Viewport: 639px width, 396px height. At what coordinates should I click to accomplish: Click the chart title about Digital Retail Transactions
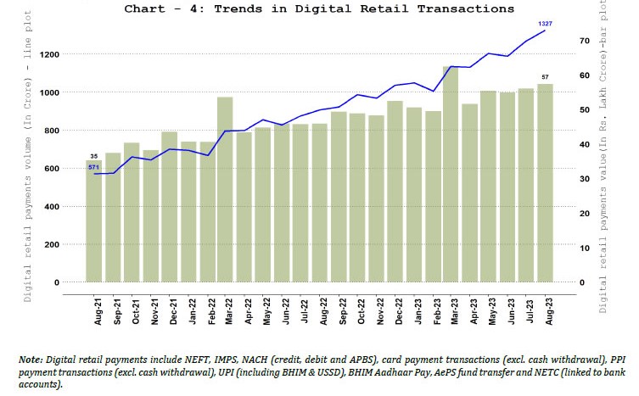click(319, 8)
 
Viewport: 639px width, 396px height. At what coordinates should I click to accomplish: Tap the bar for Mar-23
click(451, 174)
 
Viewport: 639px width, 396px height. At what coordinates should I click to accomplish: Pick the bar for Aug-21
click(93, 220)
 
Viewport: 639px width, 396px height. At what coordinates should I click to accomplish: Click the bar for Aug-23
click(546, 182)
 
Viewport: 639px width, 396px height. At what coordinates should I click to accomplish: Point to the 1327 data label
click(546, 23)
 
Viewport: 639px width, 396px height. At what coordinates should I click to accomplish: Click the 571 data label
click(95, 167)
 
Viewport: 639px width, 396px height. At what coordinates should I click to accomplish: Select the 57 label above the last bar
click(546, 76)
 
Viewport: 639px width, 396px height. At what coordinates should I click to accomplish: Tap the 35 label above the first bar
click(94, 156)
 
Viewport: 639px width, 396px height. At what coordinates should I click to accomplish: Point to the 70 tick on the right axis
click(584, 41)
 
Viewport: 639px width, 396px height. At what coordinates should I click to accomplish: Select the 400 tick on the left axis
click(53, 206)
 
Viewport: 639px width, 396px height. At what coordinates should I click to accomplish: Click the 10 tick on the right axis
click(584, 248)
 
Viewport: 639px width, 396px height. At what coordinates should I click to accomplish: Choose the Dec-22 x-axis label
click(395, 311)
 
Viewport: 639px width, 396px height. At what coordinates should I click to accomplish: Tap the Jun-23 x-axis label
click(508, 311)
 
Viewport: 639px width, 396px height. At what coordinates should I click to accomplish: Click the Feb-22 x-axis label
click(207, 311)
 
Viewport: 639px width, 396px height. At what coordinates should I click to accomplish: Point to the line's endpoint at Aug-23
click(546, 31)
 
